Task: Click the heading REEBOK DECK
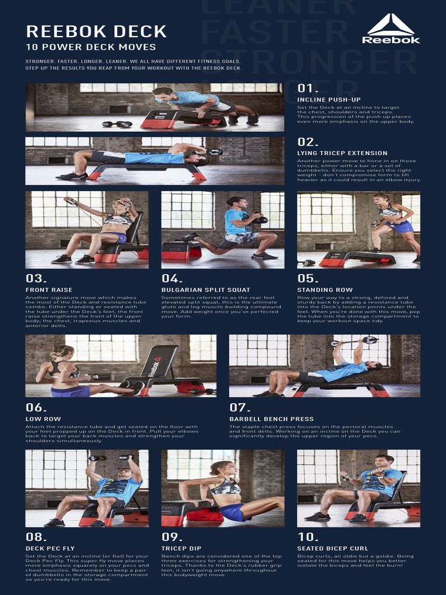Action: [x=96, y=31]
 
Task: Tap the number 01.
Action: [x=308, y=88]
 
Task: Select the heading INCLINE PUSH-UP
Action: [x=329, y=100]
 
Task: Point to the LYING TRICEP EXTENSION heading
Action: [x=342, y=153]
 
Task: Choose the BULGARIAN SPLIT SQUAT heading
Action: [x=206, y=290]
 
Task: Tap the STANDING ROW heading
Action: [x=325, y=290]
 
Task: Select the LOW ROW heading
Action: [x=43, y=419]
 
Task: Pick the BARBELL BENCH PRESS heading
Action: [x=271, y=419]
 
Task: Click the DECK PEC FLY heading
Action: [x=50, y=549]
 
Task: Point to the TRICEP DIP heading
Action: [x=181, y=549]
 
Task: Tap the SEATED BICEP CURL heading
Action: [x=333, y=549]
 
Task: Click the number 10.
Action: [x=308, y=537]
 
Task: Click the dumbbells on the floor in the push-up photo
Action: [x=117, y=124]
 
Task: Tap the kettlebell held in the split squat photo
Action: [x=260, y=219]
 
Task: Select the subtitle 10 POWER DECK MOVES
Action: [x=91, y=47]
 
